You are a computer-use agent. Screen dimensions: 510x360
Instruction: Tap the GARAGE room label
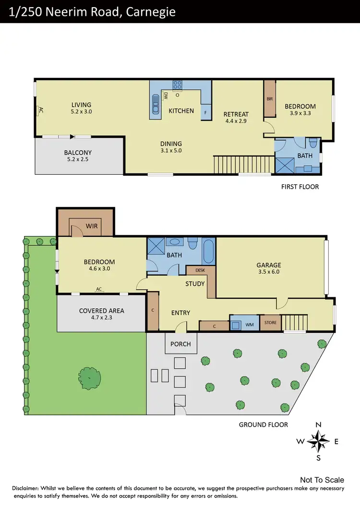point(269,265)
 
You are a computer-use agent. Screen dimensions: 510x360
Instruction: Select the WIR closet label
point(92,225)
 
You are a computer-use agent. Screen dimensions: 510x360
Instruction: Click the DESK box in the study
point(200,270)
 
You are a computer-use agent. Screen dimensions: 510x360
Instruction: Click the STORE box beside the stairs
point(270,323)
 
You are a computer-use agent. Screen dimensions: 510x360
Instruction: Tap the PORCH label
point(180,344)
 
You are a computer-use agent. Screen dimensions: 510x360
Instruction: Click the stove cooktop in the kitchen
point(177,85)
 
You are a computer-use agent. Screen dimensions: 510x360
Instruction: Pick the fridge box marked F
point(205,112)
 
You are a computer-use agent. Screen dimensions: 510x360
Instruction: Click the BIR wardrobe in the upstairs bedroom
point(269,99)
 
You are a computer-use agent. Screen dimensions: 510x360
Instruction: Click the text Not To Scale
point(322,480)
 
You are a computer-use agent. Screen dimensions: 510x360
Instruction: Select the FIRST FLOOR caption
point(300,186)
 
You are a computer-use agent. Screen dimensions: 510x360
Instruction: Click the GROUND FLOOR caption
point(264,425)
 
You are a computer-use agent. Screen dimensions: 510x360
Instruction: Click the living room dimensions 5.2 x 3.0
point(81,111)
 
